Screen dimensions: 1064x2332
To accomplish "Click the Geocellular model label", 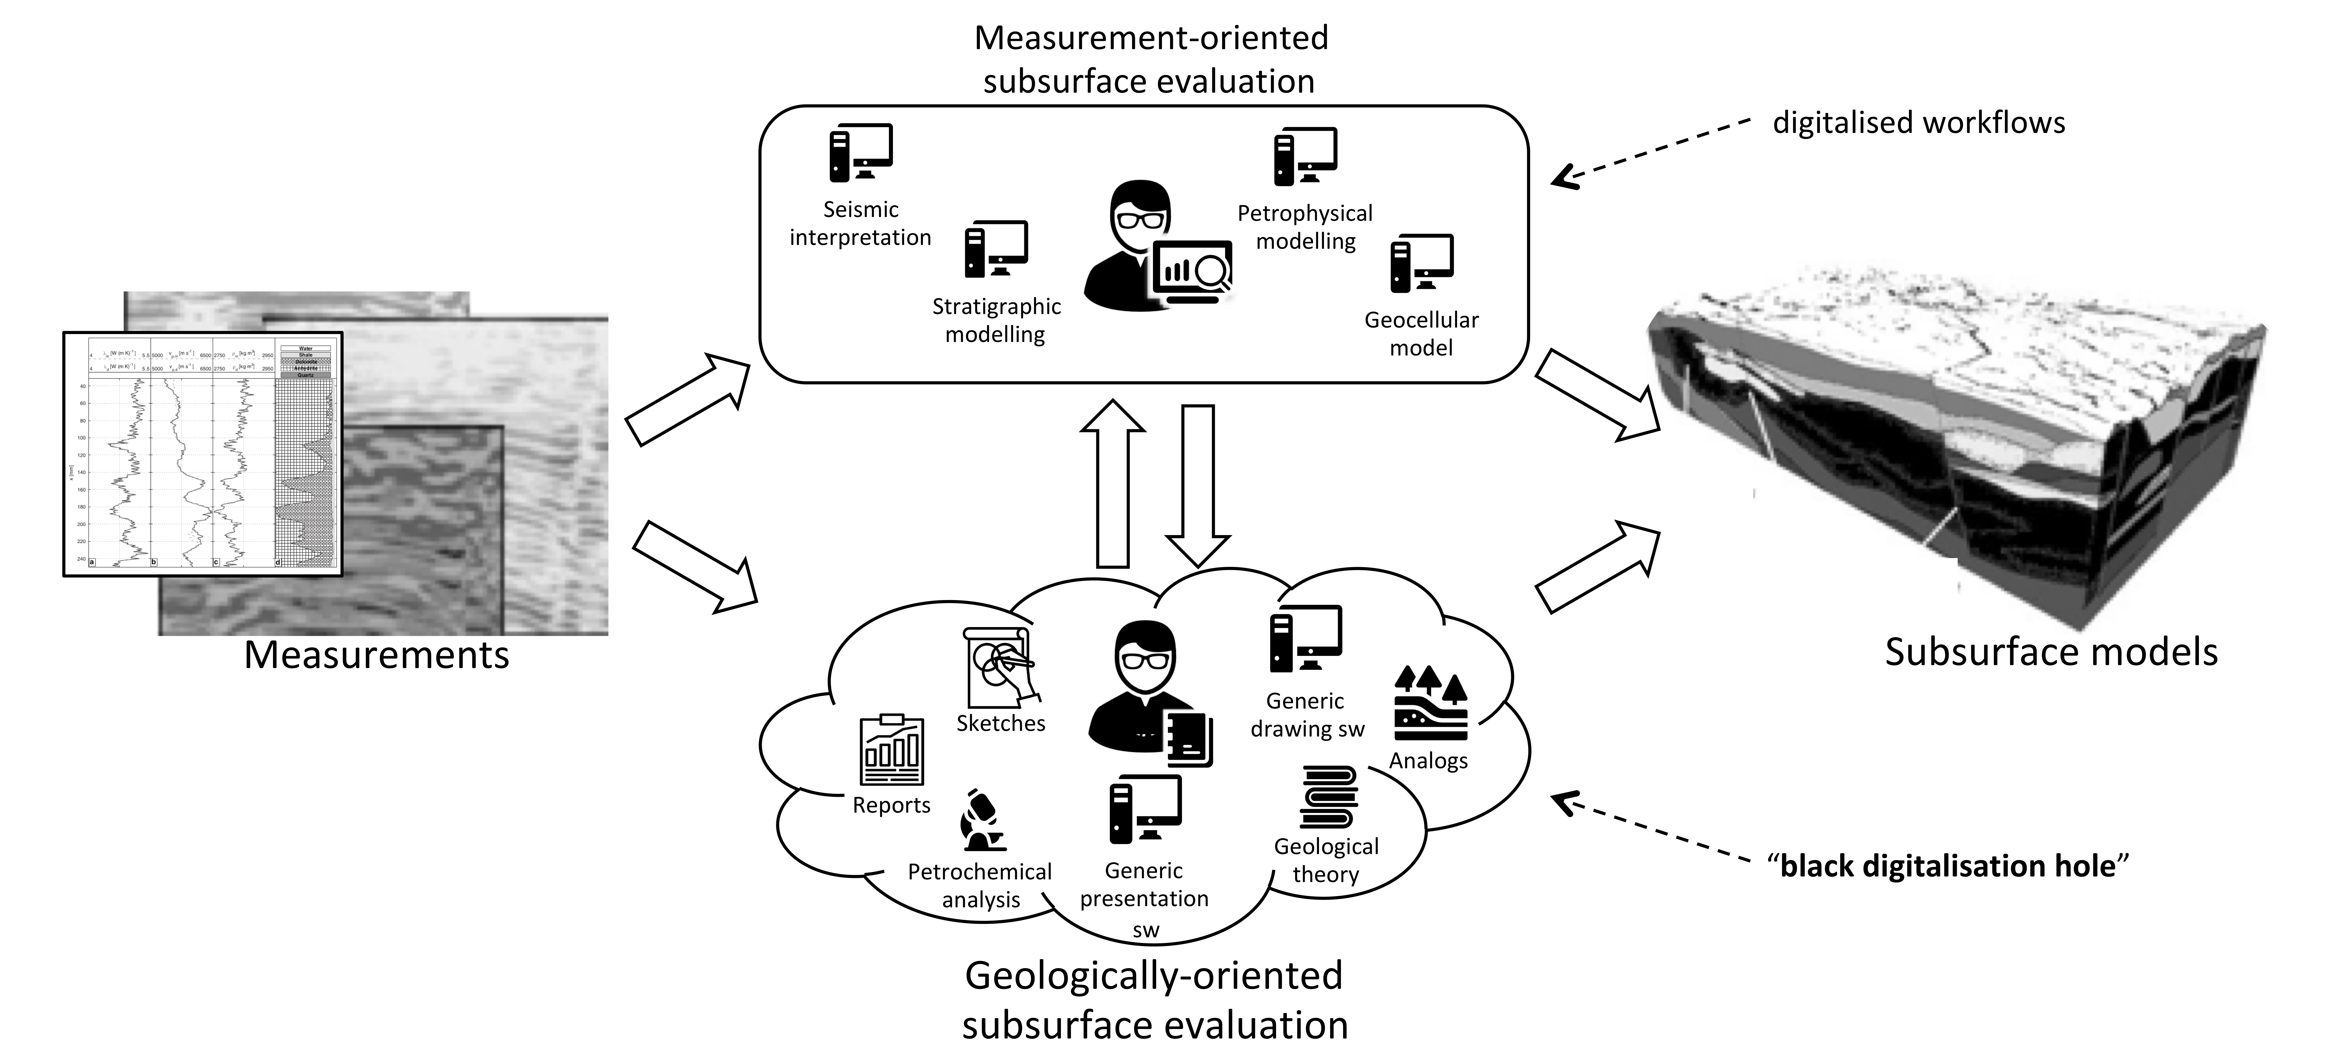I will tap(1421, 333).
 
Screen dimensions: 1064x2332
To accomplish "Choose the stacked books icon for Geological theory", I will tap(1328, 797).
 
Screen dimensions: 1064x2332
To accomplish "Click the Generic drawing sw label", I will tap(1306, 714).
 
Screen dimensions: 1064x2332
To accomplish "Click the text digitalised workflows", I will tap(1918, 122).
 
